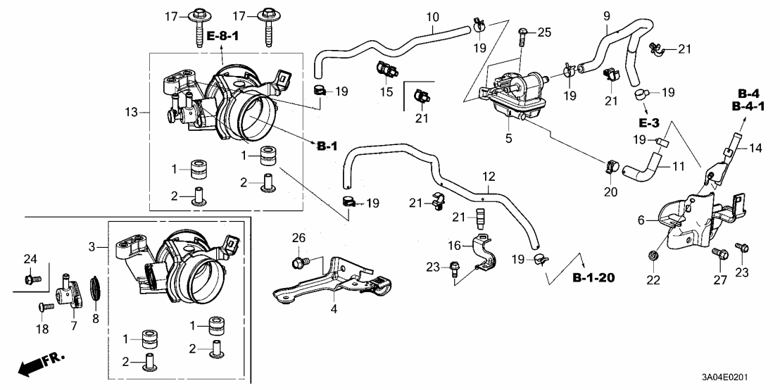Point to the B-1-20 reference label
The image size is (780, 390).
point(593,277)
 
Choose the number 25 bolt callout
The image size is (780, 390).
point(544,32)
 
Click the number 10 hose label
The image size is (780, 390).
point(432,15)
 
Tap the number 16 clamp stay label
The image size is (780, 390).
point(455,245)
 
